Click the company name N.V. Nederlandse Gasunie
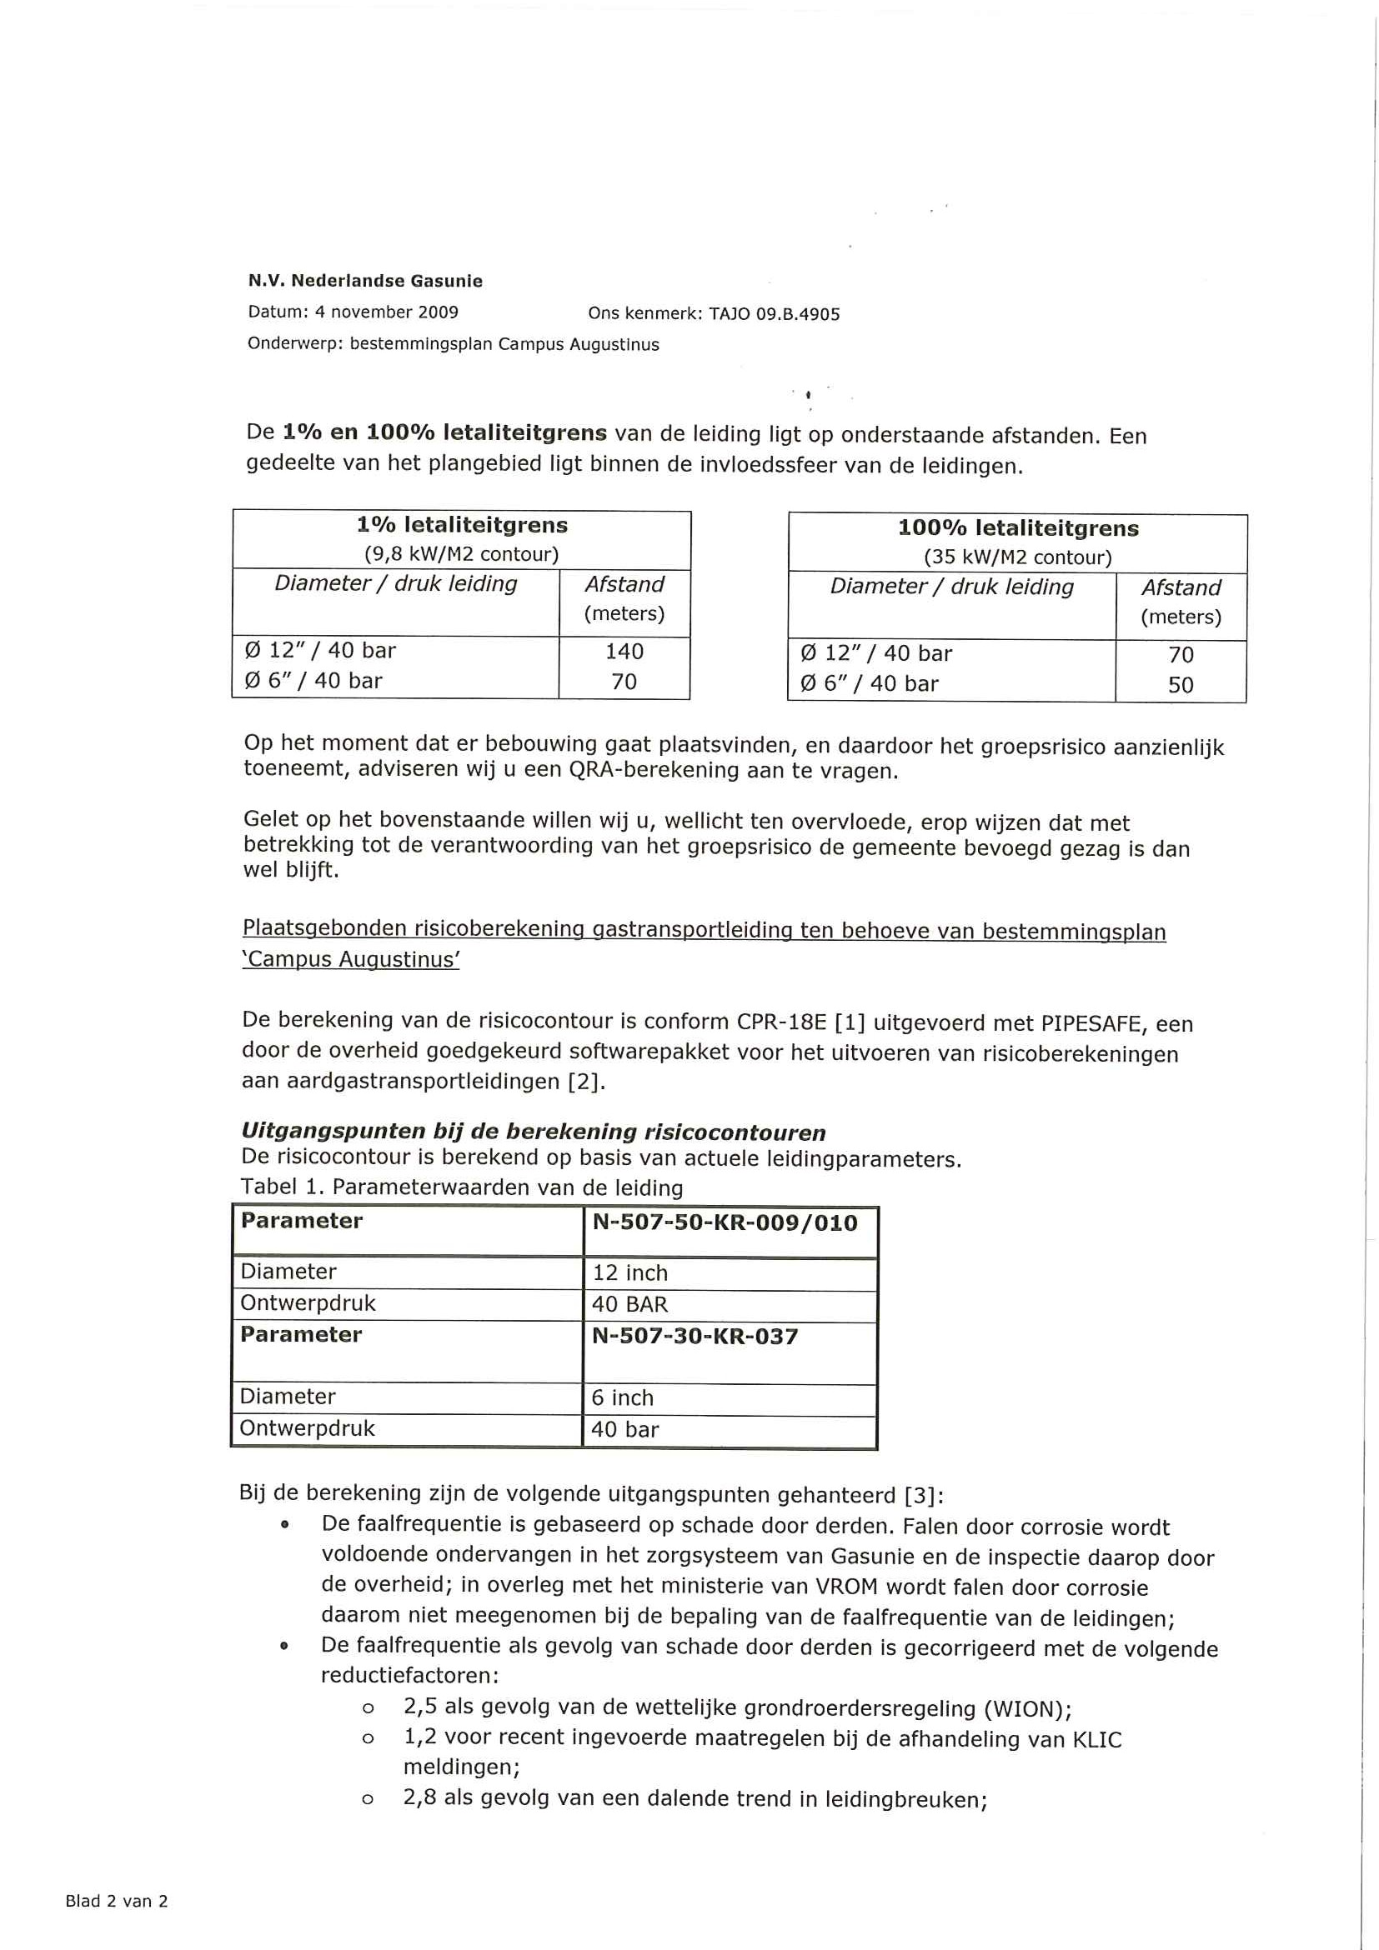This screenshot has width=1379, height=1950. coord(364,281)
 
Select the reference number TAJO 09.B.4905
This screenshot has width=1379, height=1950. coord(774,314)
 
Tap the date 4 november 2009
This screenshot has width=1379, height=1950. coord(386,312)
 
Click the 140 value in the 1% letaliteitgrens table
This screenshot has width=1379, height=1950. coord(624,652)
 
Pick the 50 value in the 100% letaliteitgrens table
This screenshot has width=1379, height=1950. coord(1181,684)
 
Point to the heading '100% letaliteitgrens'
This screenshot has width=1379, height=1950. coord(1018,528)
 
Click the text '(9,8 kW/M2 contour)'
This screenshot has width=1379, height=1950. coord(461,555)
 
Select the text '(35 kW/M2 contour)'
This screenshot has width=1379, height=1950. coord(1018,558)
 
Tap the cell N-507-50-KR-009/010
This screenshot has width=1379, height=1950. coord(725,1223)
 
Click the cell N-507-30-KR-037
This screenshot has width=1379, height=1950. coord(695,1337)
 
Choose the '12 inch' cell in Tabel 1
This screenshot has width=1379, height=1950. coord(629,1273)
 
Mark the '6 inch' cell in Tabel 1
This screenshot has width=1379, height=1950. coord(622,1398)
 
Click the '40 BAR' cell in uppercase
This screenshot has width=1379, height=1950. coord(629,1304)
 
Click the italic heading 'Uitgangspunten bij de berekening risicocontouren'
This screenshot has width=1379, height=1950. coord(533,1132)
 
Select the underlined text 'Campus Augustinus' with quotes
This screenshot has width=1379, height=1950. coord(351,960)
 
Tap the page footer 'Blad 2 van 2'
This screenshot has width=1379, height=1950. coord(117,1901)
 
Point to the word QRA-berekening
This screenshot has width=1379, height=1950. coord(649,771)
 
